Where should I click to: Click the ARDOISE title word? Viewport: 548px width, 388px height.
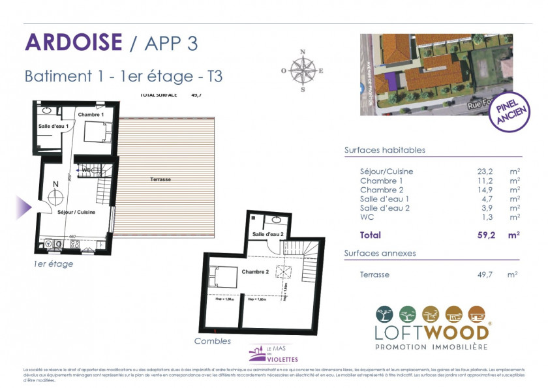point(73,42)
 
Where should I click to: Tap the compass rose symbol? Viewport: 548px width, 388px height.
point(303,70)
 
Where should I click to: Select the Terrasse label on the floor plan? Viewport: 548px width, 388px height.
point(160,179)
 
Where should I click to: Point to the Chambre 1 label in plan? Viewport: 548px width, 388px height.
point(91,115)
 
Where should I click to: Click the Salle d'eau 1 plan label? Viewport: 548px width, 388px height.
point(53,126)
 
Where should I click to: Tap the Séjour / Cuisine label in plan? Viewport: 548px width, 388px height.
point(76,213)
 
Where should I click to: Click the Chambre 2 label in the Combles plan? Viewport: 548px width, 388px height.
point(254,271)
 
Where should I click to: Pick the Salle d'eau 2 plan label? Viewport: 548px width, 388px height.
point(267,233)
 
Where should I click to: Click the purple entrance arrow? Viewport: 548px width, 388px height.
point(23,207)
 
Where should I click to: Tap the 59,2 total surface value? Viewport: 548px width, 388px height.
point(485,235)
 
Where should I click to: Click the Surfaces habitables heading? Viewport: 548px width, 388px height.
point(385,150)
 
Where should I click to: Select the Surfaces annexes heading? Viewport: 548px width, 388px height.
point(380,253)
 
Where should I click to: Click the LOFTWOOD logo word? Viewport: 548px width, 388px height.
point(432,331)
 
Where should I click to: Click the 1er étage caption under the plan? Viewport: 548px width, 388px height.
point(54,264)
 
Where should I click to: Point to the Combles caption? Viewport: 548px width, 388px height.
point(213,340)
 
